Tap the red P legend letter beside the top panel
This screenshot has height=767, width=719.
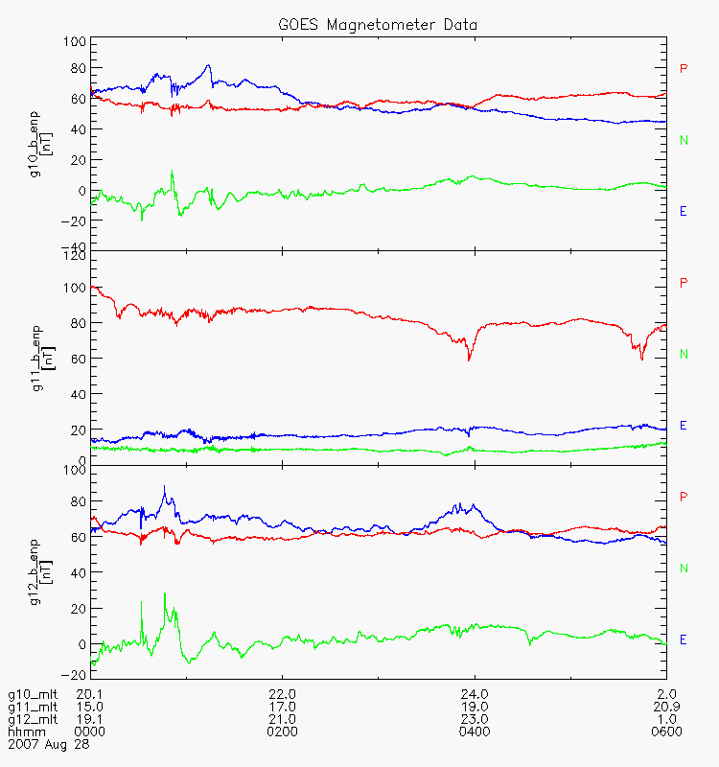pos(684,68)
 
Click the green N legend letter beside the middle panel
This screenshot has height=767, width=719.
pos(684,355)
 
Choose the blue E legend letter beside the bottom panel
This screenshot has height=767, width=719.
pos(684,639)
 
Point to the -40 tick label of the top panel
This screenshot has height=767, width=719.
pos(73,246)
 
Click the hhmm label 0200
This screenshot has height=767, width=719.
pos(282,732)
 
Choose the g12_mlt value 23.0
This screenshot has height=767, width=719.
pos(474,719)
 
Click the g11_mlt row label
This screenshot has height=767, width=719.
pos(34,707)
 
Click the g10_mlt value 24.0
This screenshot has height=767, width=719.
pos(474,694)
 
